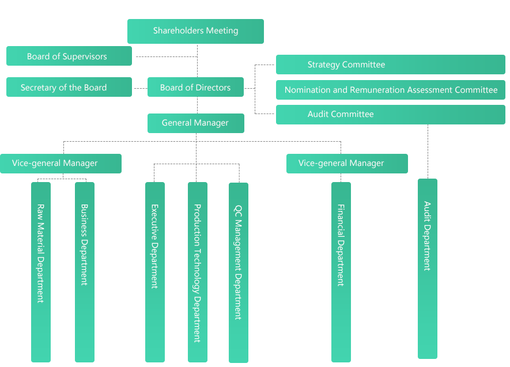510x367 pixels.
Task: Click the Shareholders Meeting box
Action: pyautogui.click(x=195, y=31)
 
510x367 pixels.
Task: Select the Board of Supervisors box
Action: pyautogui.click(x=69, y=56)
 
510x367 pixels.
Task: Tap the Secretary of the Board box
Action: pyautogui.click(x=69, y=88)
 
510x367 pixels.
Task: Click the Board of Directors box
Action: pyautogui.click(x=195, y=88)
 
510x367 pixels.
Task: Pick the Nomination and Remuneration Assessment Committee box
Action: pyautogui.click(x=391, y=90)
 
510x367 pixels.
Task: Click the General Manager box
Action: pyautogui.click(x=195, y=123)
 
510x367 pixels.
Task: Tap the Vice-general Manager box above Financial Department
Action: pyautogui.click(x=346, y=163)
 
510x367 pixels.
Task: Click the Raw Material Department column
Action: pyautogui.click(x=40, y=271)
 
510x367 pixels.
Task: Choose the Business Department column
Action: pyautogui.click(x=84, y=271)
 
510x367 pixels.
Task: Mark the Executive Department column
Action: pyautogui.click(x=154, y=271)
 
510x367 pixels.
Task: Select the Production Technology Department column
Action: pyautogui.click(x=197, y=271)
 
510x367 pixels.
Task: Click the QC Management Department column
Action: pyautogui.click(x=239, y=271)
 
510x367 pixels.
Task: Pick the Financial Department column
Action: pyautogui.click(x=341, y=271)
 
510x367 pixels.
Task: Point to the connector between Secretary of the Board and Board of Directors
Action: pyautogui.click(x=139, y=88)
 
